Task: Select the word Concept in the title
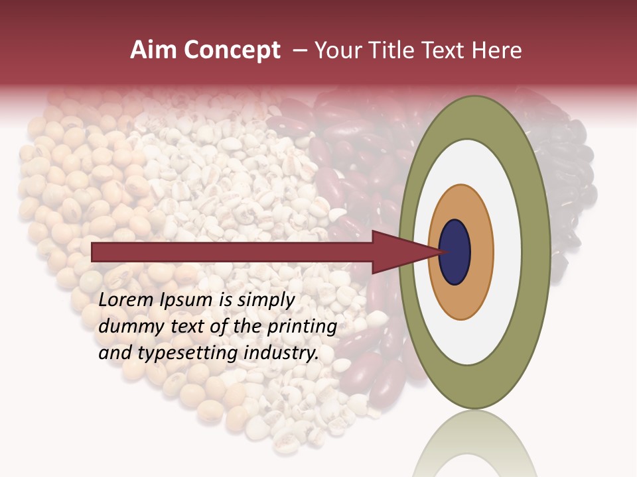pos(232,50)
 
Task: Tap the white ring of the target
pos(507,252)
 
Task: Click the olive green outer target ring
pos(536,252)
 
